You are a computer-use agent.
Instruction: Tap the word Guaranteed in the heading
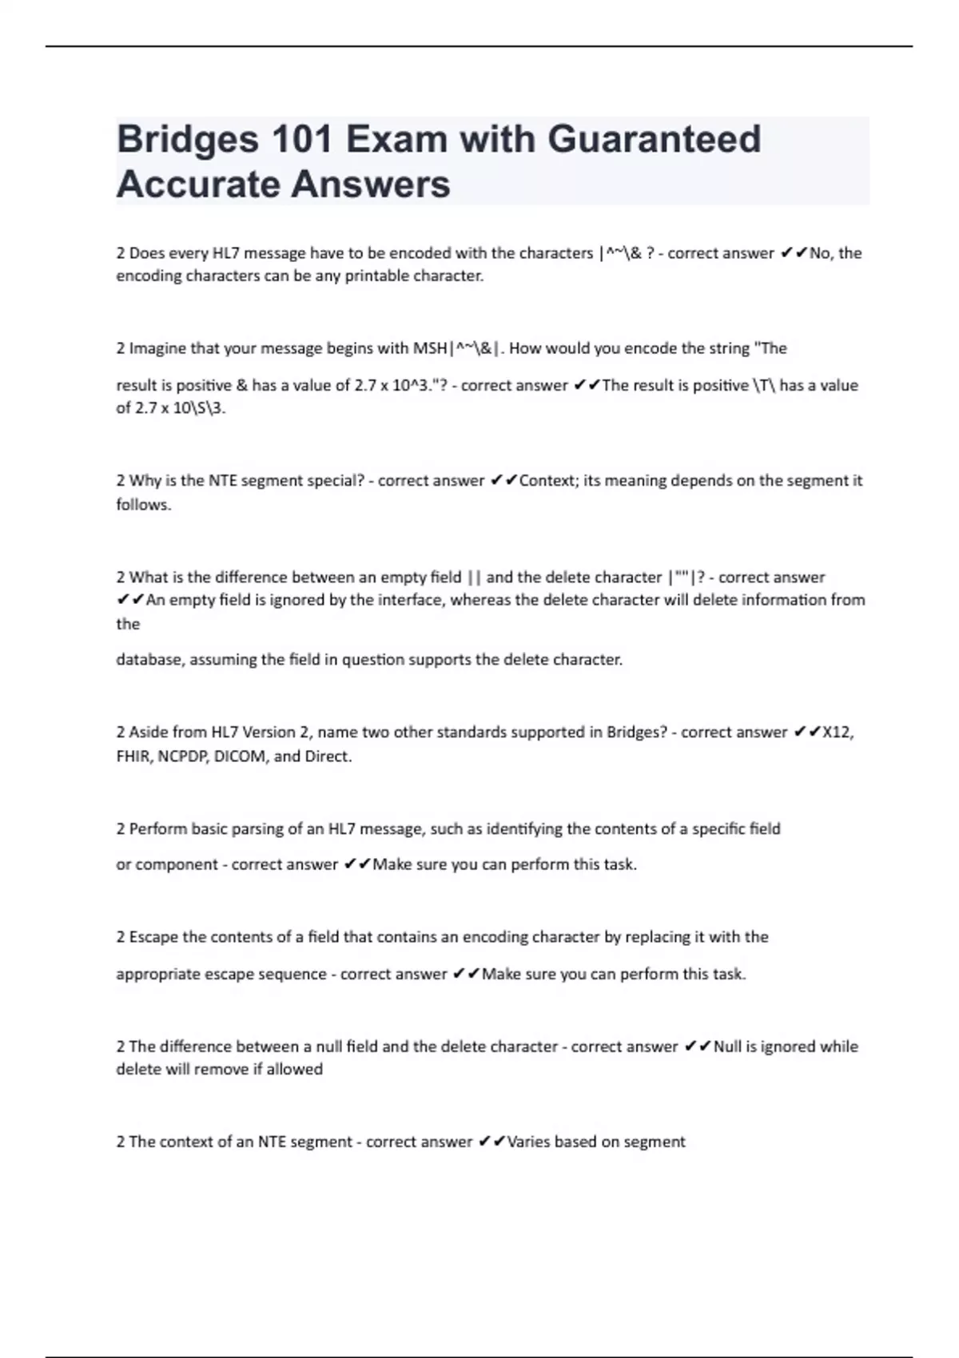point(654,140)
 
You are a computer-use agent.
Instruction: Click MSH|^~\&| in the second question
point(457,348)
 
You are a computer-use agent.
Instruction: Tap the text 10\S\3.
point(200,408)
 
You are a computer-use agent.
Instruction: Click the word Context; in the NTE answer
point(547,481)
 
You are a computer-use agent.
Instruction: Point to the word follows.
point(144,505)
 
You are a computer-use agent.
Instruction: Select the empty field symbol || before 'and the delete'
point(474,578)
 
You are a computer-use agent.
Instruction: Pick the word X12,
point(838,733)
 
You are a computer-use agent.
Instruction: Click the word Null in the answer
point(727,1046)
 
